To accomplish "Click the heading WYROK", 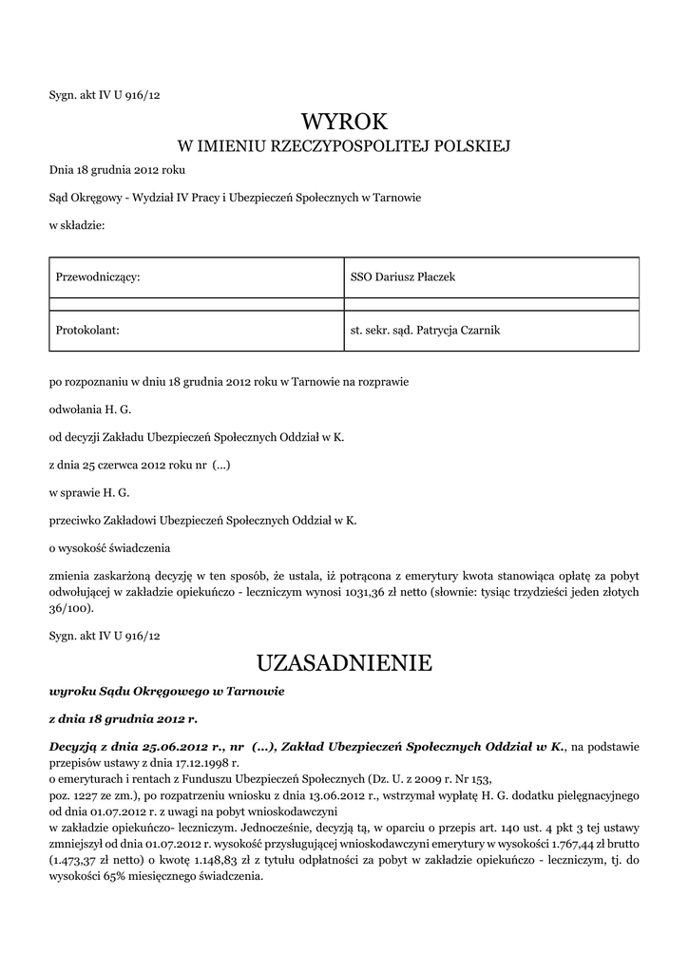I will point(344,121).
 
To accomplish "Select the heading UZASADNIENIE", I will point(344,662).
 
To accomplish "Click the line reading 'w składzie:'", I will point(76,225).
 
